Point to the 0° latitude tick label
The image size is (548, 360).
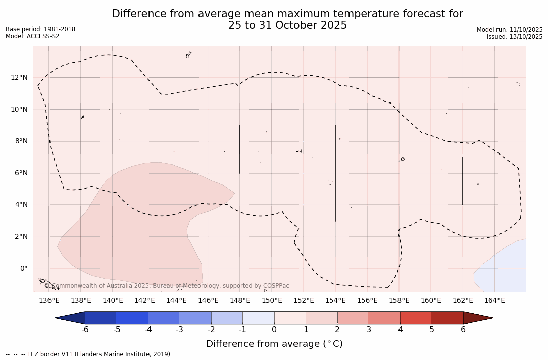click(24, 268)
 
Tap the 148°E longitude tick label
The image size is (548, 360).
click(240, 301)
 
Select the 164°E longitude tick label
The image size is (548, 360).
click(494, 301)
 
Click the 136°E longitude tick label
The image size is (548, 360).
click(49, 301)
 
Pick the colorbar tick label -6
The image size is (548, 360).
click(85, 330)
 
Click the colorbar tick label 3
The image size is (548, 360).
click(369, 330)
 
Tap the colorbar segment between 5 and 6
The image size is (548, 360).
click(447, 318)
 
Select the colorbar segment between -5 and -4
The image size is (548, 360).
click(132, 318)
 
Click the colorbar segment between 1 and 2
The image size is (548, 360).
click(321, 318)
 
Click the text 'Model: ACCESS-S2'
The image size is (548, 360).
click(32, 36)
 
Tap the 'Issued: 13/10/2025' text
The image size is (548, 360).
click(515, 37)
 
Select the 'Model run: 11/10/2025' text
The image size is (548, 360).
click(510, 30)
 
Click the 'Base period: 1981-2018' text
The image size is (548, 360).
click(40, 29)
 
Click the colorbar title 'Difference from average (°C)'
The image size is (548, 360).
click(274, 344)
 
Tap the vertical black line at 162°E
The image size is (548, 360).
click(463, 181)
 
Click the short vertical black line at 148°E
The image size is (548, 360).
click(240, 149)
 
